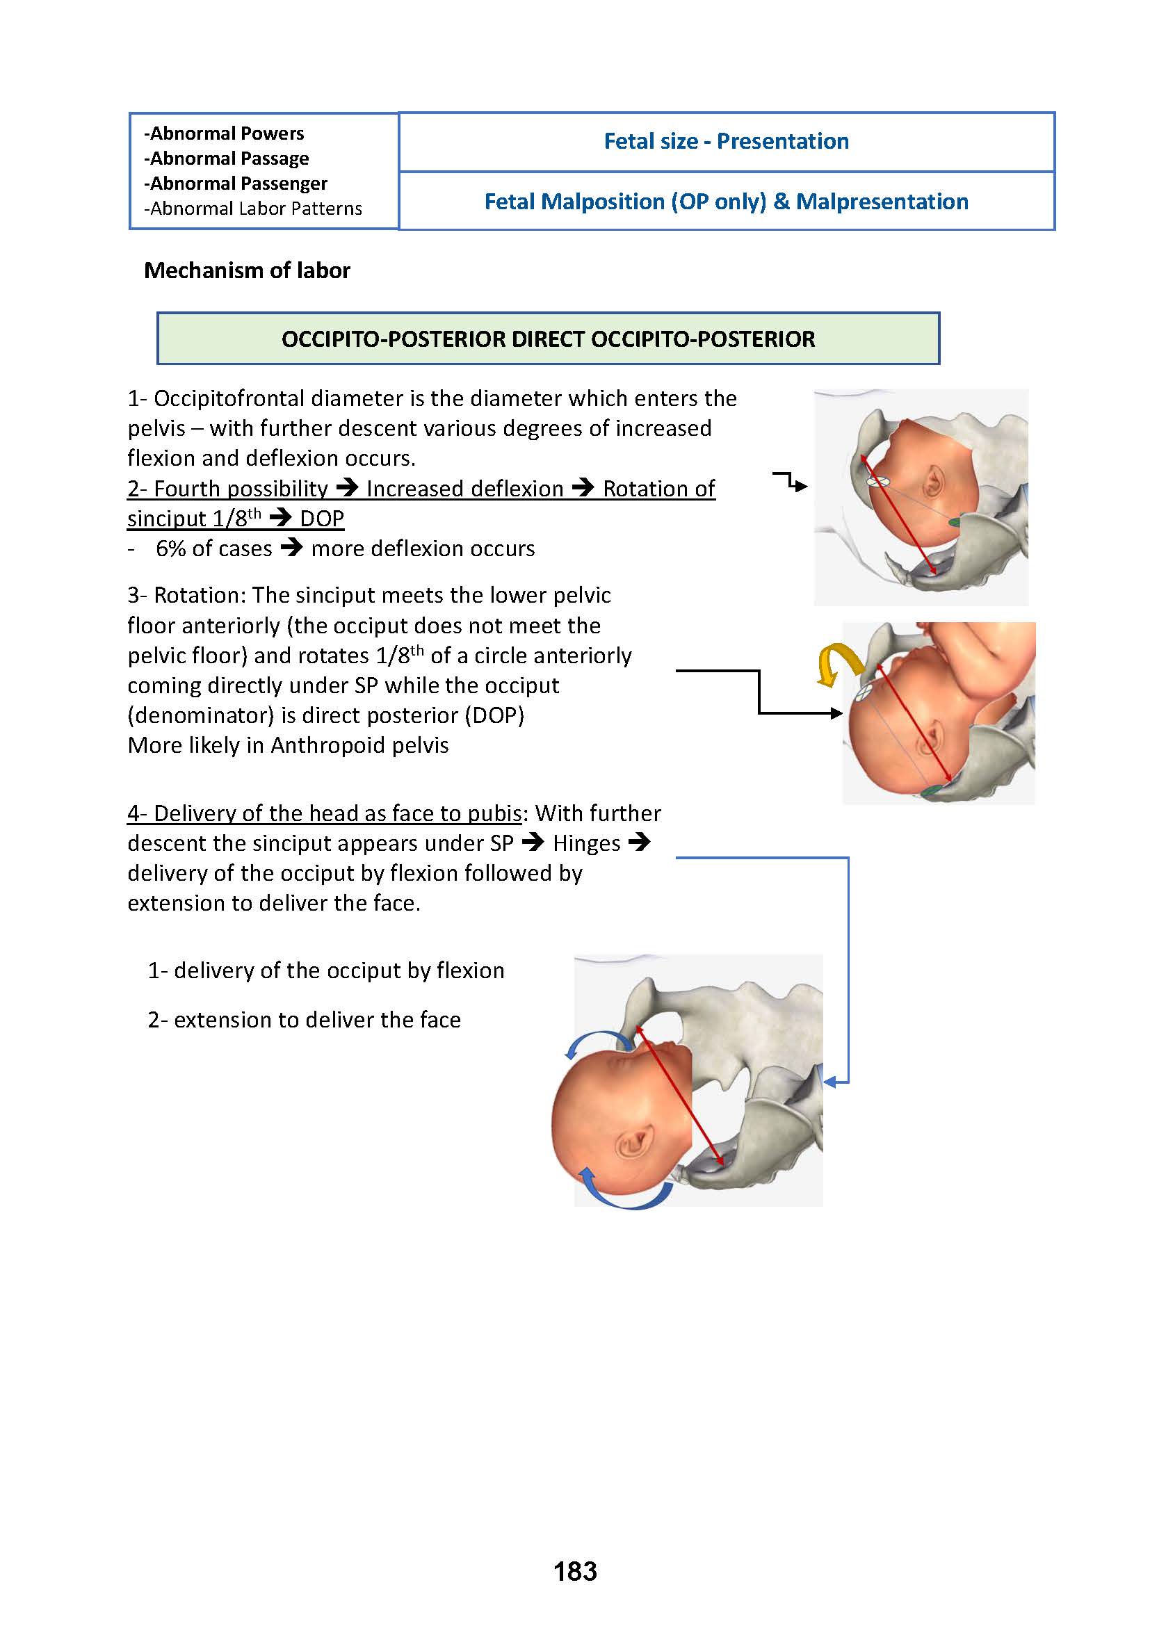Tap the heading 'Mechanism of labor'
pos(246,270)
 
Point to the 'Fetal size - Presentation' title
pos(726,141)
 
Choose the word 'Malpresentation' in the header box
pos(882,202)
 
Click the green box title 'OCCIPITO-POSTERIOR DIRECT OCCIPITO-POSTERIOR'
pos(548,339)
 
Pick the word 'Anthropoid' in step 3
pos(327,745)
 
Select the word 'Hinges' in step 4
pos(586,843)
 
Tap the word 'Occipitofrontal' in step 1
pos(229,399)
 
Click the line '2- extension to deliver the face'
pos(304,1020)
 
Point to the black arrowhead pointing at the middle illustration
pos(836,713)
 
